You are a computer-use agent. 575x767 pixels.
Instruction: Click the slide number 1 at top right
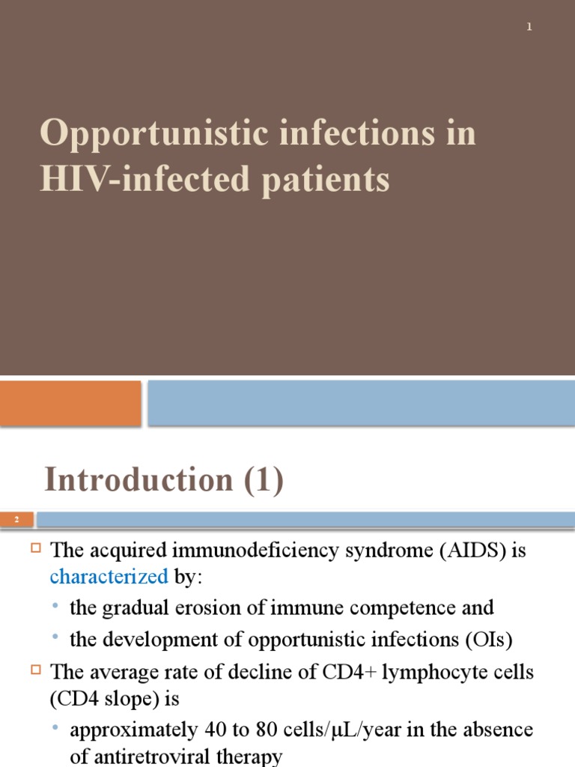(529, 27)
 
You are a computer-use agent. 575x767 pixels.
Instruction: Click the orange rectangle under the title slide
(70, 403)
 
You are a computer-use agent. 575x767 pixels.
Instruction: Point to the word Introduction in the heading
(139, 480)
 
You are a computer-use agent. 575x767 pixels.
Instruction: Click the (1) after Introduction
(261, 480)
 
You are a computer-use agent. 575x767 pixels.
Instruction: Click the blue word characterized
(109, 576)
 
